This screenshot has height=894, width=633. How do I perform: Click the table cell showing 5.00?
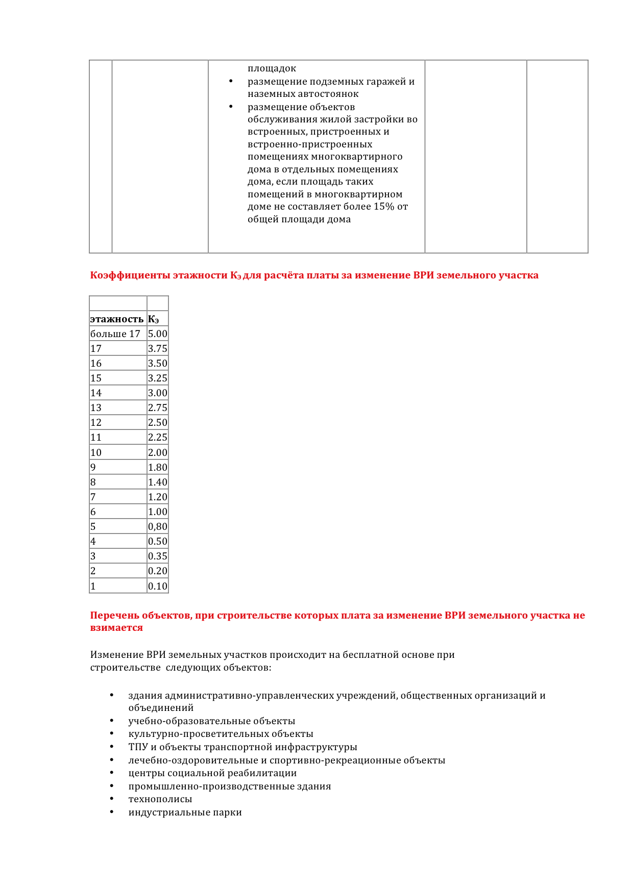pos(157,334)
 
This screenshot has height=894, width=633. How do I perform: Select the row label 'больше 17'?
pos(115,334)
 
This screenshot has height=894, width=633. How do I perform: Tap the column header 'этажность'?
pos(117,319)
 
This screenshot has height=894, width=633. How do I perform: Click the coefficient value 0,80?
pos(157,527)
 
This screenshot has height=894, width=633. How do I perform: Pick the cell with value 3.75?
pos(157,349)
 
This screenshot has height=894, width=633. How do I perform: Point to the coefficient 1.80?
pos(157,468)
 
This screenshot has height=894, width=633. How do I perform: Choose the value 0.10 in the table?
pos(157,586)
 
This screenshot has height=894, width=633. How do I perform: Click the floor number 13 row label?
pos(96,408)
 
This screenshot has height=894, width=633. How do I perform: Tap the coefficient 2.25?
pos(157,438)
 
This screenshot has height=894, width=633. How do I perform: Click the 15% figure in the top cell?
pos(384,207)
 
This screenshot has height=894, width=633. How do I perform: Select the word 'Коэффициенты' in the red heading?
pos(130,275)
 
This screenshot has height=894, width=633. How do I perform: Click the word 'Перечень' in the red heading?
pos(114,616)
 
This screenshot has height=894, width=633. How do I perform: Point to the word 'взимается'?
pos(116,628)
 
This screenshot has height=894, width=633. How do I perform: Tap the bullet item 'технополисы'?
pos(160,799)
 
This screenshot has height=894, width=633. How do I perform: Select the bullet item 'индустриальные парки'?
pos(185,812)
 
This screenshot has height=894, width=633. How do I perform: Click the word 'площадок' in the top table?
pos(272,68)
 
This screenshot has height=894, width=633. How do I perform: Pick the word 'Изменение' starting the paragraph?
pos(117,655)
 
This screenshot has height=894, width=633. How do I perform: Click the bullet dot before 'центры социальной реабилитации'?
pos(111,773)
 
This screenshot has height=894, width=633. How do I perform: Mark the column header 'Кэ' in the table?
pos(154,319)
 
